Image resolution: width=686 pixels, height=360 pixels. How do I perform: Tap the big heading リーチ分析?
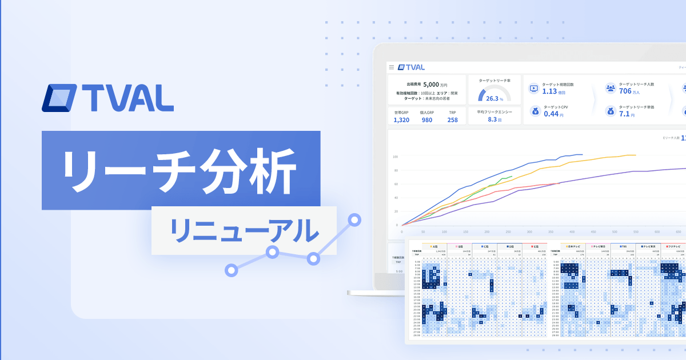pyautogui.click(x=179, y=170)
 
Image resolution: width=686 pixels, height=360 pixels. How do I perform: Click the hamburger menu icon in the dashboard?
pyautogui.click(x=392, y=67)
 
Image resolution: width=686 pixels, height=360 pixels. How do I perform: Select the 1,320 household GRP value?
pyautogui.click(x=401, y=119)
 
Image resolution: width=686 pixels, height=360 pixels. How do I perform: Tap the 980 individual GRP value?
pyautogui.click(x=427, y=119)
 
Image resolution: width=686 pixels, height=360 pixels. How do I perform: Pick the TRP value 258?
pyautogui.click(x=453, y=119)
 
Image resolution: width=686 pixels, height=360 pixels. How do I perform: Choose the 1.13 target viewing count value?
pyautogui.click(x=549, y=91)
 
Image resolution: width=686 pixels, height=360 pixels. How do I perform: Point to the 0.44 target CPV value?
pyautogui.click(x=551, y=114)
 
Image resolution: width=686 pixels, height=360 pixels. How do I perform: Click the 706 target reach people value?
pyautogui.click(x=625, y=91)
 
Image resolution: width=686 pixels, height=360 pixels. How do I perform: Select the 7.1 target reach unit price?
pyautogui.click(x=624, y=114)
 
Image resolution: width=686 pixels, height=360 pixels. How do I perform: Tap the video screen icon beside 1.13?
pyautogui.click(x=534, y=88)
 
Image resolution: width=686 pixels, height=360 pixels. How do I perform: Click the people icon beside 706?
pyautogui.click(x=611, y=88)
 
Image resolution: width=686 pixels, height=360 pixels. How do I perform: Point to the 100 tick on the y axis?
pyautogui.click(x=395, y=157)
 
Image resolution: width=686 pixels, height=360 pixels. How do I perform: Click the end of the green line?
pyautogui.click(x=512, y=177)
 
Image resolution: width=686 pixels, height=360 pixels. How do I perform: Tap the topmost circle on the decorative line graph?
pyautogui.click(x=355, y=219)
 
